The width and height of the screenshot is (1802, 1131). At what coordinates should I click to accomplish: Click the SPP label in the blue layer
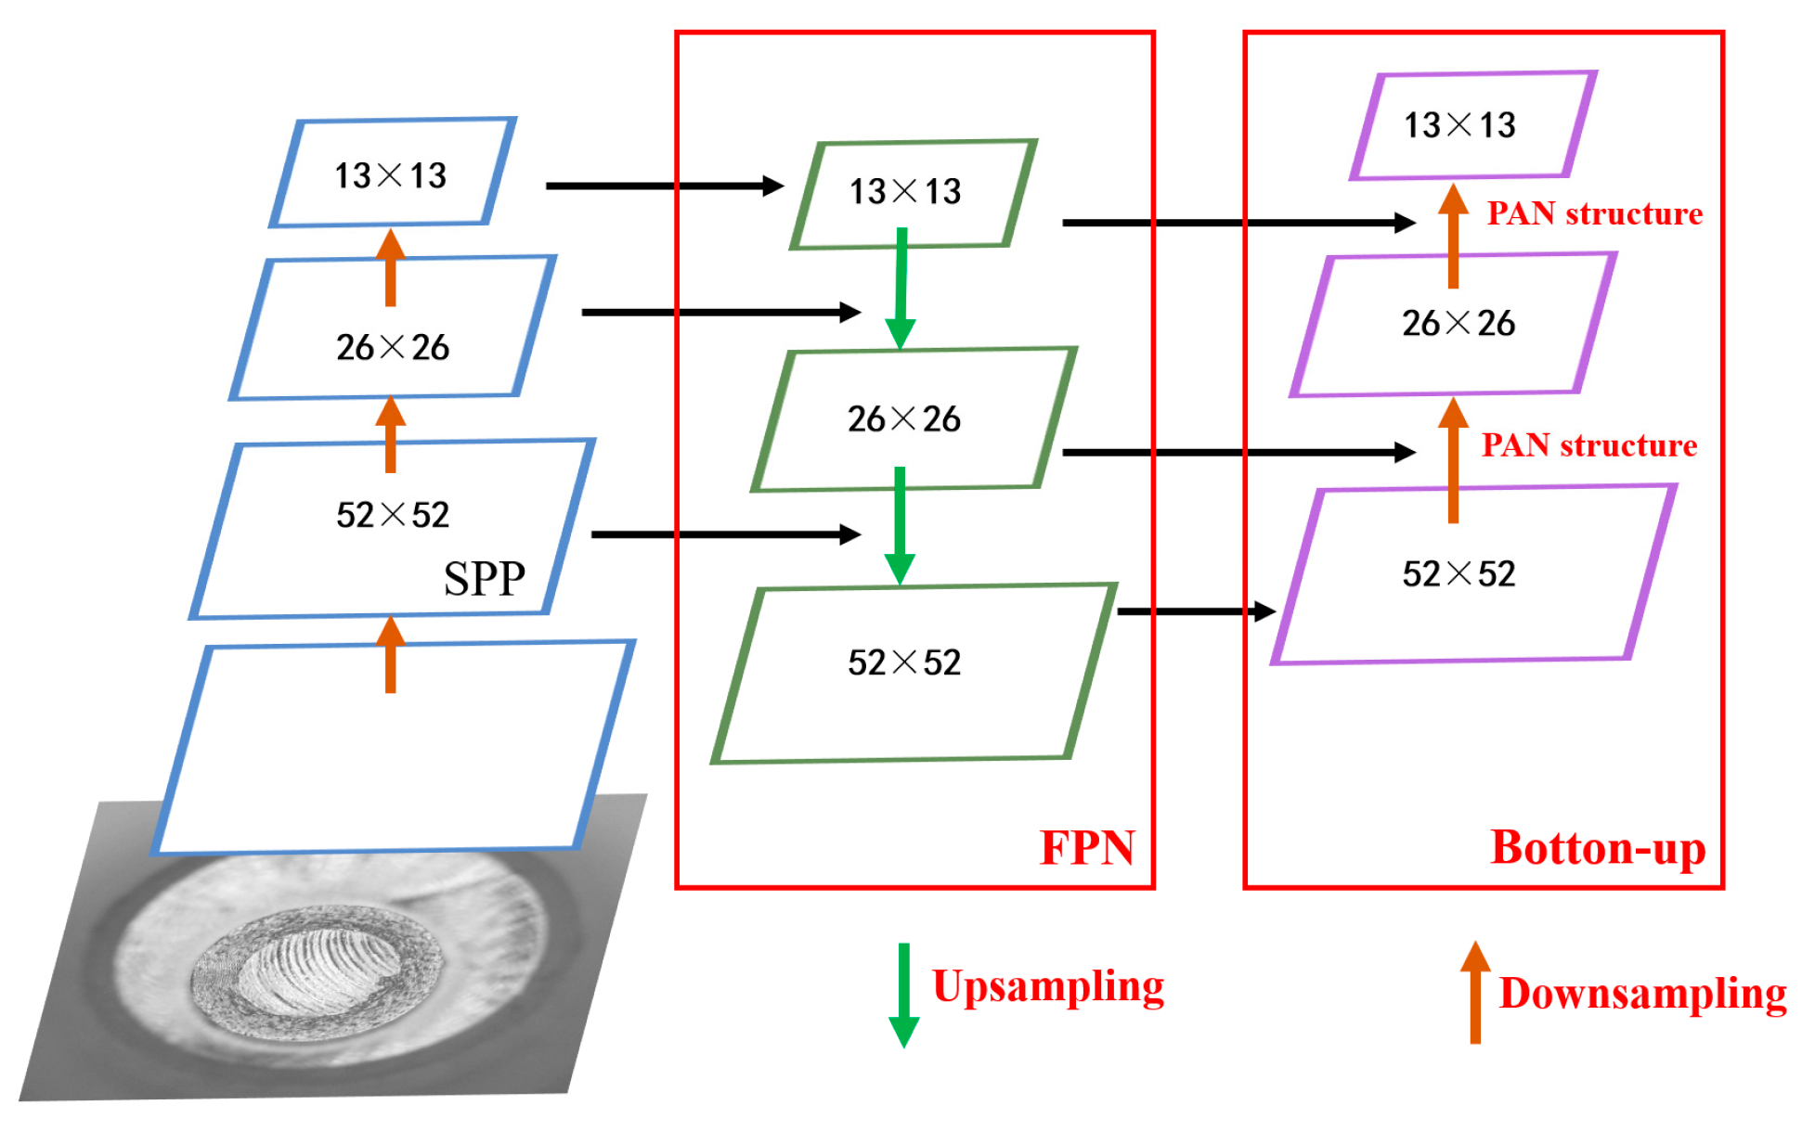point(484,579)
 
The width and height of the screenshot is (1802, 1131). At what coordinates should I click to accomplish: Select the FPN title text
point(1086,847)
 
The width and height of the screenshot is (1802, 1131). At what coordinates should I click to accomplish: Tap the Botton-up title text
point(1597,847)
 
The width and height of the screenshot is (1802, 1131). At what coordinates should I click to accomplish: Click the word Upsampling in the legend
point(1047,986)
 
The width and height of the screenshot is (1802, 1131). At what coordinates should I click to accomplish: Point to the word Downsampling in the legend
point(1641,993)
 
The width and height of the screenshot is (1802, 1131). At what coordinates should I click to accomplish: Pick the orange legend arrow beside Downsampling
point(1474,993)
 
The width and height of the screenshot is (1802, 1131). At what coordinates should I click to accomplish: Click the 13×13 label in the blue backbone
point(390,175)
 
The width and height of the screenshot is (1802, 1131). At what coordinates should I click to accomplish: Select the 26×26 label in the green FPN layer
point(903,419)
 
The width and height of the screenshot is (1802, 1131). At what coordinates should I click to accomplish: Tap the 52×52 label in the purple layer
point(1458,574)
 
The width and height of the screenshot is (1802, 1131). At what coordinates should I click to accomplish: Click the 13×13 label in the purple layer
point(1458,125)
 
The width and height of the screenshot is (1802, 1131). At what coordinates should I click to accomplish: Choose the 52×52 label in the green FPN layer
point(903,662)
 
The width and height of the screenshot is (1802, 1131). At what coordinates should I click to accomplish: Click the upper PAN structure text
point(1594,214)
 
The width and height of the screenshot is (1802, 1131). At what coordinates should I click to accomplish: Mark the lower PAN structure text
point(1588,445)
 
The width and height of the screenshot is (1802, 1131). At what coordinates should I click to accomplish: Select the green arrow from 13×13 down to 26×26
point(901,288)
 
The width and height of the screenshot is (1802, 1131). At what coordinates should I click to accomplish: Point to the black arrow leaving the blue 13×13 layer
point(664,186)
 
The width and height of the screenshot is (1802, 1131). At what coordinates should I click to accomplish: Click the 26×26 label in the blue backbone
point(392,348)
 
